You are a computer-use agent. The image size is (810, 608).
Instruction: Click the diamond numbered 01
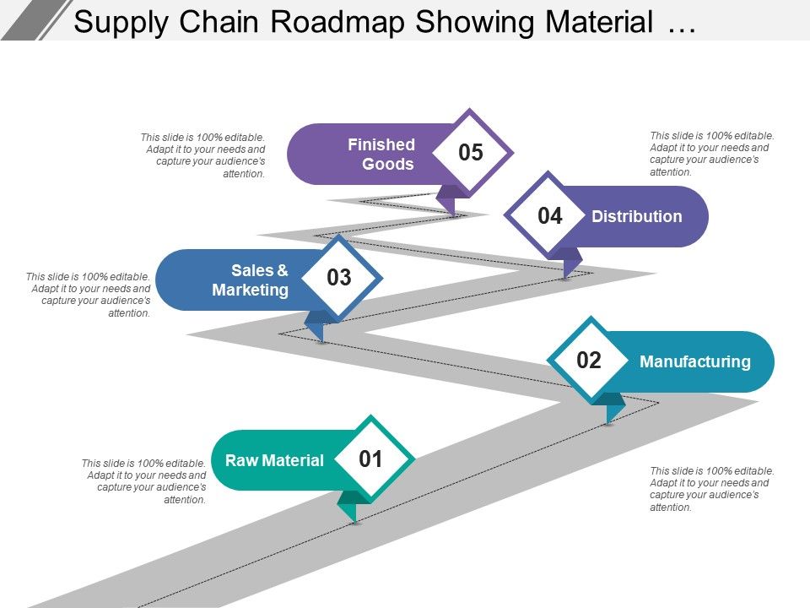(x=371, y=459)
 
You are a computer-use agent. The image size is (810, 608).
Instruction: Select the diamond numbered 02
(x=589, y=361)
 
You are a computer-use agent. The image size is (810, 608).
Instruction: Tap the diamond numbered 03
(x=338, y=278)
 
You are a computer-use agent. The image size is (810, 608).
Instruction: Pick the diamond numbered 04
(x=549, y=216)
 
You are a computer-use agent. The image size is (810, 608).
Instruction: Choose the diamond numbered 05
(x=470, y=153)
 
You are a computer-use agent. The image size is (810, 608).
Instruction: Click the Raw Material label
(x=274, y=460)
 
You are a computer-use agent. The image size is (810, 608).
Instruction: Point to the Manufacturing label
(x=694, y=361)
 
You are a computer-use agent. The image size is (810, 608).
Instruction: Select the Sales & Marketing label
(x=251, y=280)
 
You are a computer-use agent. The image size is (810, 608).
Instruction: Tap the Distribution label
(x=636, y=216)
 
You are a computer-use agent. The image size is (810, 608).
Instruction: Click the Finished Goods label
(x=381, y=155)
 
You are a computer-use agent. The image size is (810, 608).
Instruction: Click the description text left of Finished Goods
(x=202, y=155)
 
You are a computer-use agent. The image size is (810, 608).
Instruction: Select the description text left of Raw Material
(x=143, y=481)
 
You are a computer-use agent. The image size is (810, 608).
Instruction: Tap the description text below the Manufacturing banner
(x=711, y=489)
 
